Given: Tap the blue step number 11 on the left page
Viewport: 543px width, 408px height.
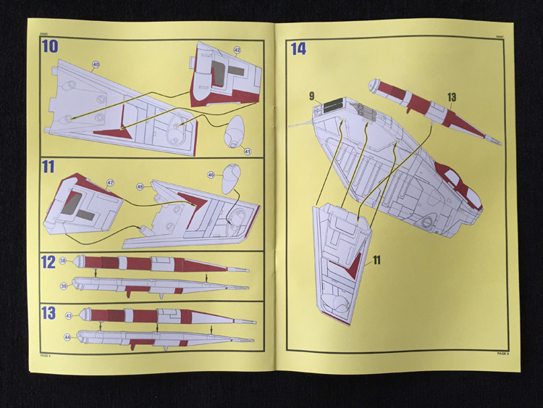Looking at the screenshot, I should point(49,167).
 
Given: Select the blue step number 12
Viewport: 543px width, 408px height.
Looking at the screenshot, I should point(49,262).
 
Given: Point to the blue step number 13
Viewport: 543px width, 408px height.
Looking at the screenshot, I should point(49,313).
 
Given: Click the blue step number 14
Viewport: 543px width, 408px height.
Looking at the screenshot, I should point(298,49).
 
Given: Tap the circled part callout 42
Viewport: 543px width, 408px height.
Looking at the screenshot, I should point(237,49).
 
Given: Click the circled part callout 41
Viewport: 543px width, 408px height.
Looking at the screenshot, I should point(247,151).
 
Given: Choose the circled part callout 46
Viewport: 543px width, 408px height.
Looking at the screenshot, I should point(211,175).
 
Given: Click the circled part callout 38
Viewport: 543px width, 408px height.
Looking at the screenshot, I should point(63,261).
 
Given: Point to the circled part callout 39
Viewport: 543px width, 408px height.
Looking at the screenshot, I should point(64,286).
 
